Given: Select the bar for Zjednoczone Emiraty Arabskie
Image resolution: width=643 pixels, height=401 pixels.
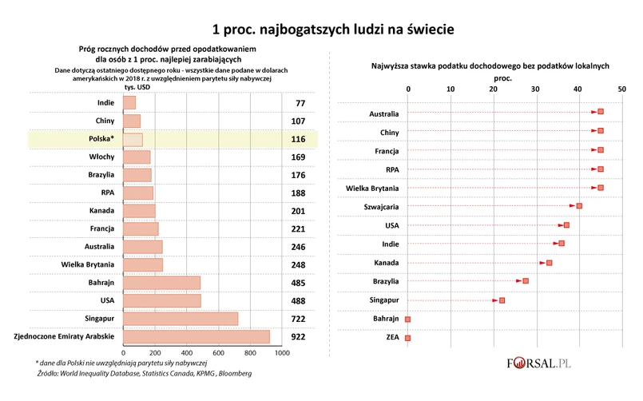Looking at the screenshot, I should (x=196, y=337).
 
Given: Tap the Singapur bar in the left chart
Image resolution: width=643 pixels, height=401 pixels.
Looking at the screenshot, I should (x=181, y=319).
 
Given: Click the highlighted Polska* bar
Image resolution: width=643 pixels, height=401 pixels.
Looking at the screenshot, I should (x=133, y=140).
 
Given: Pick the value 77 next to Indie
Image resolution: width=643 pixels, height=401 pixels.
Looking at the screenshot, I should (x=300, y=103).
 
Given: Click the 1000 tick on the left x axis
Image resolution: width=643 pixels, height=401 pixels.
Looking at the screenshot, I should (x=281, y=352).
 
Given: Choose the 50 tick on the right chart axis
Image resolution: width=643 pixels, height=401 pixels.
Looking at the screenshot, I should (x=621, y=88).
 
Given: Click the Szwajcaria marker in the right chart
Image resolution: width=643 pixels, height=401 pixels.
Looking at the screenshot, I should (x=579, y=206).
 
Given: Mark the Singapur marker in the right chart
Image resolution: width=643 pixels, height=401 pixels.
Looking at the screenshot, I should (x=502, y=300).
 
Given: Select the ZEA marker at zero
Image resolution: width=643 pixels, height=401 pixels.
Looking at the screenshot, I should (x=408, y=338).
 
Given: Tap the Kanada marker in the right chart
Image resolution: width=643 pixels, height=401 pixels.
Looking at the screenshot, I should (x=550, y=262).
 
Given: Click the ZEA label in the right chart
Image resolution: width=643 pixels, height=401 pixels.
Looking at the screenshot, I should (x=391, y=338).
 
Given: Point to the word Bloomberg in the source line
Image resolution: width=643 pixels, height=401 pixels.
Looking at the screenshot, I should (x=235, y=373).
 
